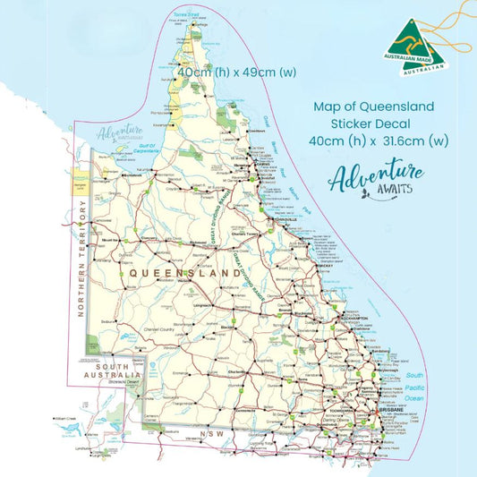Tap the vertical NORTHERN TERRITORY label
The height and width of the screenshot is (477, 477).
pos(81,260)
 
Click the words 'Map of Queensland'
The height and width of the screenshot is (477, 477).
pos(374,106)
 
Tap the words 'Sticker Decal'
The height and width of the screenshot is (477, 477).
pos(374,124)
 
